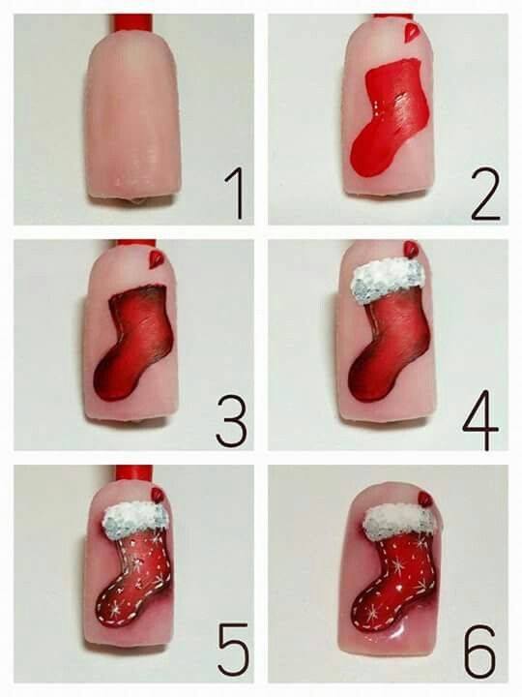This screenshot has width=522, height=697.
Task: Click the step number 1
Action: coord(235,194)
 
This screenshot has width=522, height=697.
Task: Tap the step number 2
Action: coord(486,195)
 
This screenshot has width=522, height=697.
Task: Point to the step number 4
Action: coord(480,419)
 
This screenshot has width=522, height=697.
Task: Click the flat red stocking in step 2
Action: coord(391,118)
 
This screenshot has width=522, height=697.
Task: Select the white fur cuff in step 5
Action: coord(135,518)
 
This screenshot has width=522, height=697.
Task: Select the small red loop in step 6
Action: coord(426,499)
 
